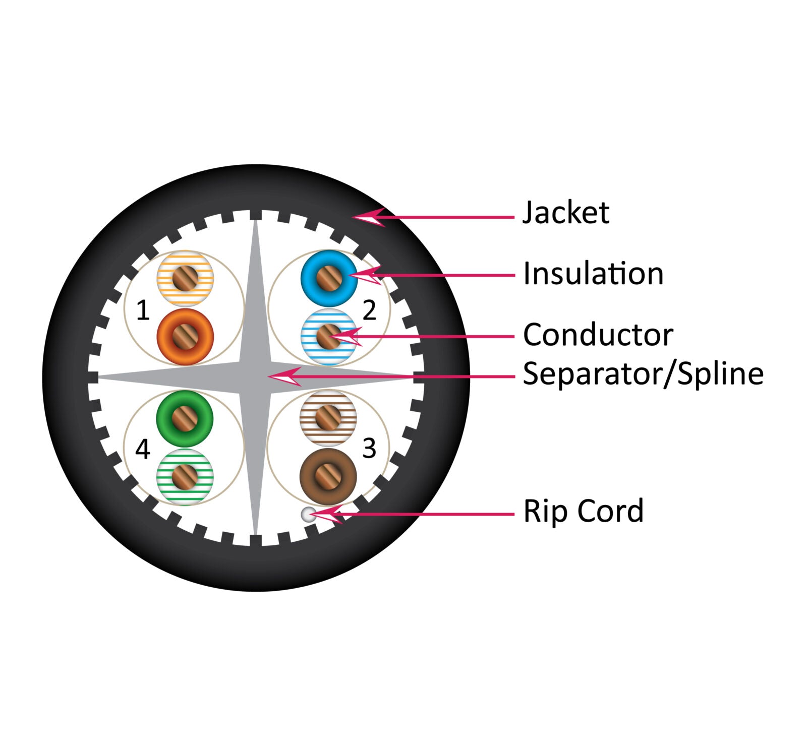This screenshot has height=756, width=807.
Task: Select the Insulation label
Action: tap(593, 274)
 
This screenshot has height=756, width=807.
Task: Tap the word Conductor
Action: tap(598, 335)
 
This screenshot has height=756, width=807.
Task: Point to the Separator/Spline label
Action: tap(643, 373)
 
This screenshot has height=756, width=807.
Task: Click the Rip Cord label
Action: tap(583, 511)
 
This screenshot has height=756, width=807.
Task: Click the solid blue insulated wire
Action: tap(329, 278)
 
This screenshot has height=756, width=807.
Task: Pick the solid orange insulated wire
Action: tap(185, 337)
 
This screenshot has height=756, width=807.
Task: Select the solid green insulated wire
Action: tap(185, 418)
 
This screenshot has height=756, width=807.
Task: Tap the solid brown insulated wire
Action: tap(328, 476)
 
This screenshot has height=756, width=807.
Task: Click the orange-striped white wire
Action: tap(185, 278)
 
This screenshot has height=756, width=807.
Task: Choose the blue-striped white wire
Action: tap(328, 337)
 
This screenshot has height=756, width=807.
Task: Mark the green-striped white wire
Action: tap(185, 477)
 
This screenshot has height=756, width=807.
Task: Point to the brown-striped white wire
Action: tap(328, 418)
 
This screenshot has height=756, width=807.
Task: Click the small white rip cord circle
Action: tap(308, 515)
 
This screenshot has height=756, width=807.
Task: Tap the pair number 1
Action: tap(143, 310)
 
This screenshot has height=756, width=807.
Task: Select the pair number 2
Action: tap(369, 310)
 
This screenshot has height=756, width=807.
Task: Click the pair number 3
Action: tap(369, 449)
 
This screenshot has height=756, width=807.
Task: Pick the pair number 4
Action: tap(143, 449)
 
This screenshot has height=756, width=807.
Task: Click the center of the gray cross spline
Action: tap(256, 376)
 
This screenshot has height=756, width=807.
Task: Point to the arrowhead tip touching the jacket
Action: tap(354, 217)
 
